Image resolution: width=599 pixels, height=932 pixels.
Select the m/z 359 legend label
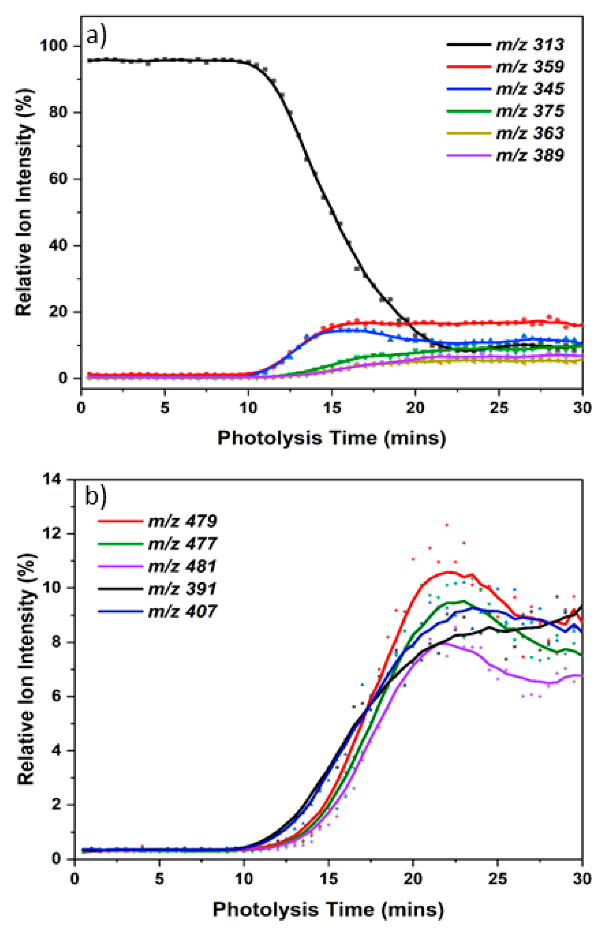(x=530, y=67)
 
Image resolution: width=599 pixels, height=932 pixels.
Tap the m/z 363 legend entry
(x=530, y=133)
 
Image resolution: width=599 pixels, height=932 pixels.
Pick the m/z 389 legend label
(x=530, y=155)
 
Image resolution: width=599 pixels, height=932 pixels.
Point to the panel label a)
(x=96, y=36)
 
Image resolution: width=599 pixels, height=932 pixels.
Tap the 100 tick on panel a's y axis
(x=54, y=46)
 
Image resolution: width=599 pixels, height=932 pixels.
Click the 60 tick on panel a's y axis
(x=58, y=179)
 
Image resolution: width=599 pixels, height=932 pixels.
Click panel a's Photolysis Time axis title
(x=332, y=438)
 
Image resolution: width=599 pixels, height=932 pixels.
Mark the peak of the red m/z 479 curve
(x=449, y=572)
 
